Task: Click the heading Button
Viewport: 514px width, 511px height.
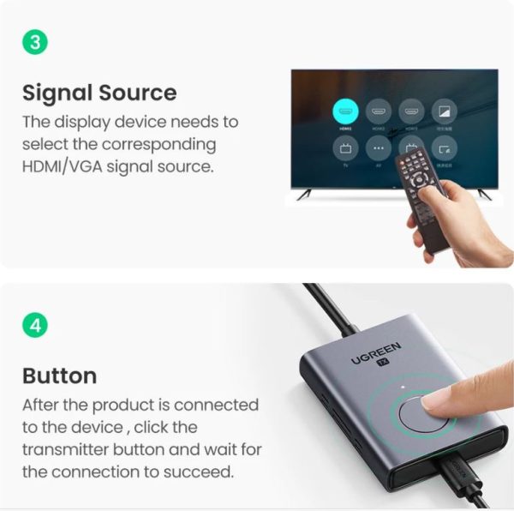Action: pyautogui.click(x=59, y=376)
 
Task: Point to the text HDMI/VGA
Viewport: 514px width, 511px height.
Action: pyautogui.click(x=58, y=166)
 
